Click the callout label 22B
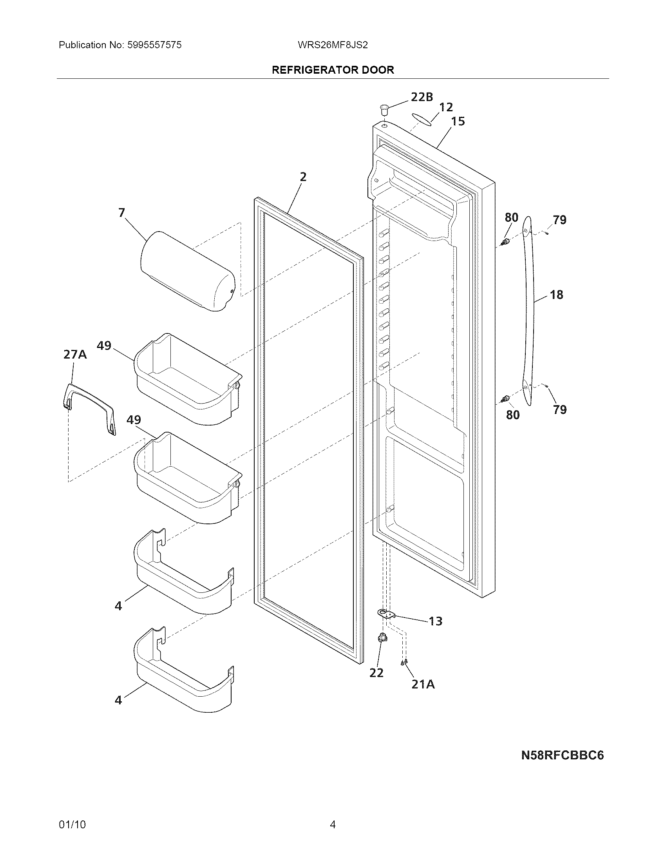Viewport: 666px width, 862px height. tap(422, 97)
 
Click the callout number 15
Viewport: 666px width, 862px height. tap(458, 121)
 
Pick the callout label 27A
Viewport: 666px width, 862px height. tap(75, 355)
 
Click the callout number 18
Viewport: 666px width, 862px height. tap(556, 294)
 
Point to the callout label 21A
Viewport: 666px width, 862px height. tap(423, 684)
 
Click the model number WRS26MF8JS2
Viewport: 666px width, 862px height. tap(333, 45)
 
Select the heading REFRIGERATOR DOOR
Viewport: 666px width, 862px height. tap(333, 70)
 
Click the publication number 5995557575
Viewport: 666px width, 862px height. tap(155, 45)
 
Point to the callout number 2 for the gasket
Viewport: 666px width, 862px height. tap(302, 177)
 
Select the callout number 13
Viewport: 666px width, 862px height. tap(436, 621)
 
